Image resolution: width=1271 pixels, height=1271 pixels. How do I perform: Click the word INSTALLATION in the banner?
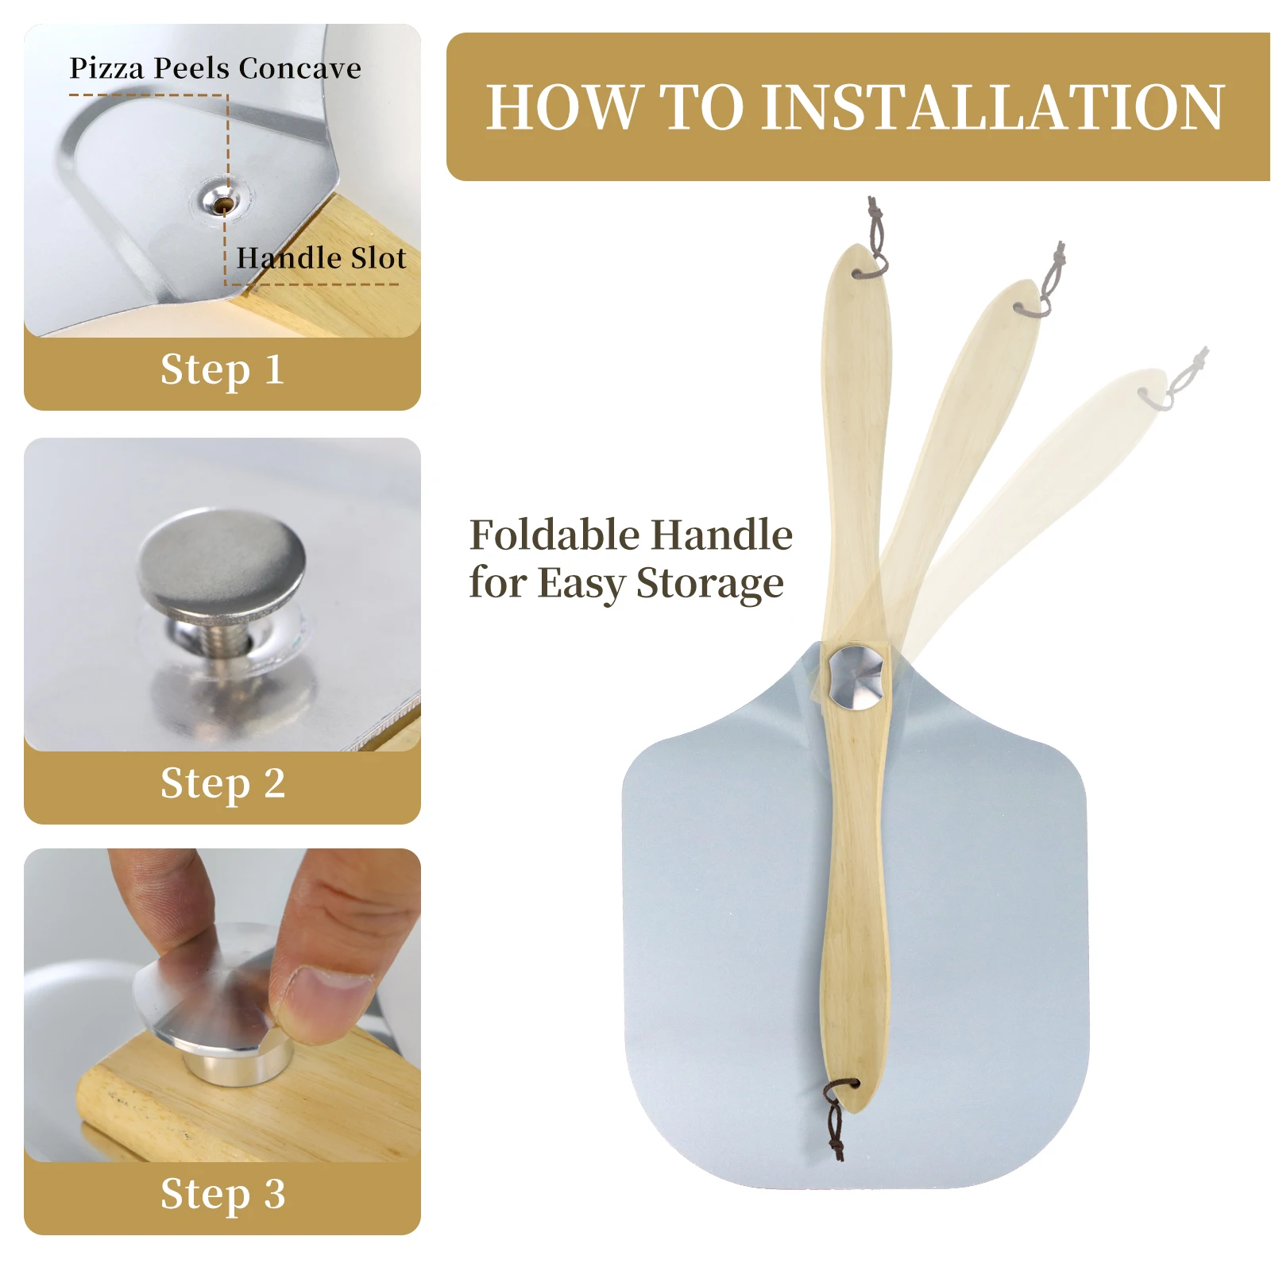(993, 107)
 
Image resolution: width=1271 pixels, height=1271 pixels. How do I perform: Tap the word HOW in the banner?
(563, 107)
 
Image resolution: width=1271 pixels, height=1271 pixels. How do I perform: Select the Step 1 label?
(222, 369)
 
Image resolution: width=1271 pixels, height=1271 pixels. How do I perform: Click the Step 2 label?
(222, 783)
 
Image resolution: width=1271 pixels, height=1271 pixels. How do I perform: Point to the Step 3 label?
(222, 1194)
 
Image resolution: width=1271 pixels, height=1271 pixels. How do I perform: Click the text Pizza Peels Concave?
(215, 68)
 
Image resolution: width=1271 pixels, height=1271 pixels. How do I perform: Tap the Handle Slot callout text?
(321, 258)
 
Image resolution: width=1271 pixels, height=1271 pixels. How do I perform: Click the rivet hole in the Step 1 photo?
(224, 205)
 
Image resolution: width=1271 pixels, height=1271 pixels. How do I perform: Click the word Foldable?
(558, 535)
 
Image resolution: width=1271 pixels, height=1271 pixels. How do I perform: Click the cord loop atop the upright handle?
(873, 241)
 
